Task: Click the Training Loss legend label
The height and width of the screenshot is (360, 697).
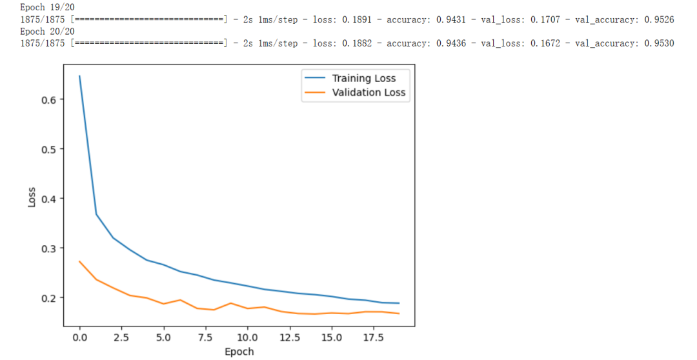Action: click(x=363, y=78)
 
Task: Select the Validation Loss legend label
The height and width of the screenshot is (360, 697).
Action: click(x=369, y=92)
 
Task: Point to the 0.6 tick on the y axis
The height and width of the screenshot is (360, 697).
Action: click(x=49, y=99)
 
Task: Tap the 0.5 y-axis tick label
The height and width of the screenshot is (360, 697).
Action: click(x=49, y=149)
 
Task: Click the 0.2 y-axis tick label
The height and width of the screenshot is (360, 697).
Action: click(x=49, y=298)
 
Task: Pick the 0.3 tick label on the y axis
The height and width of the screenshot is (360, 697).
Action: click(x=49, y=248)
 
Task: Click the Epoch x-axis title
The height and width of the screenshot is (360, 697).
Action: click(x=239, y=352)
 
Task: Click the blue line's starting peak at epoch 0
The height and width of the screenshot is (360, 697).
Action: click(x=80, y=76)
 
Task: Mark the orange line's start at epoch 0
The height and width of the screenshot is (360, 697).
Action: click(x=80, y=261)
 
